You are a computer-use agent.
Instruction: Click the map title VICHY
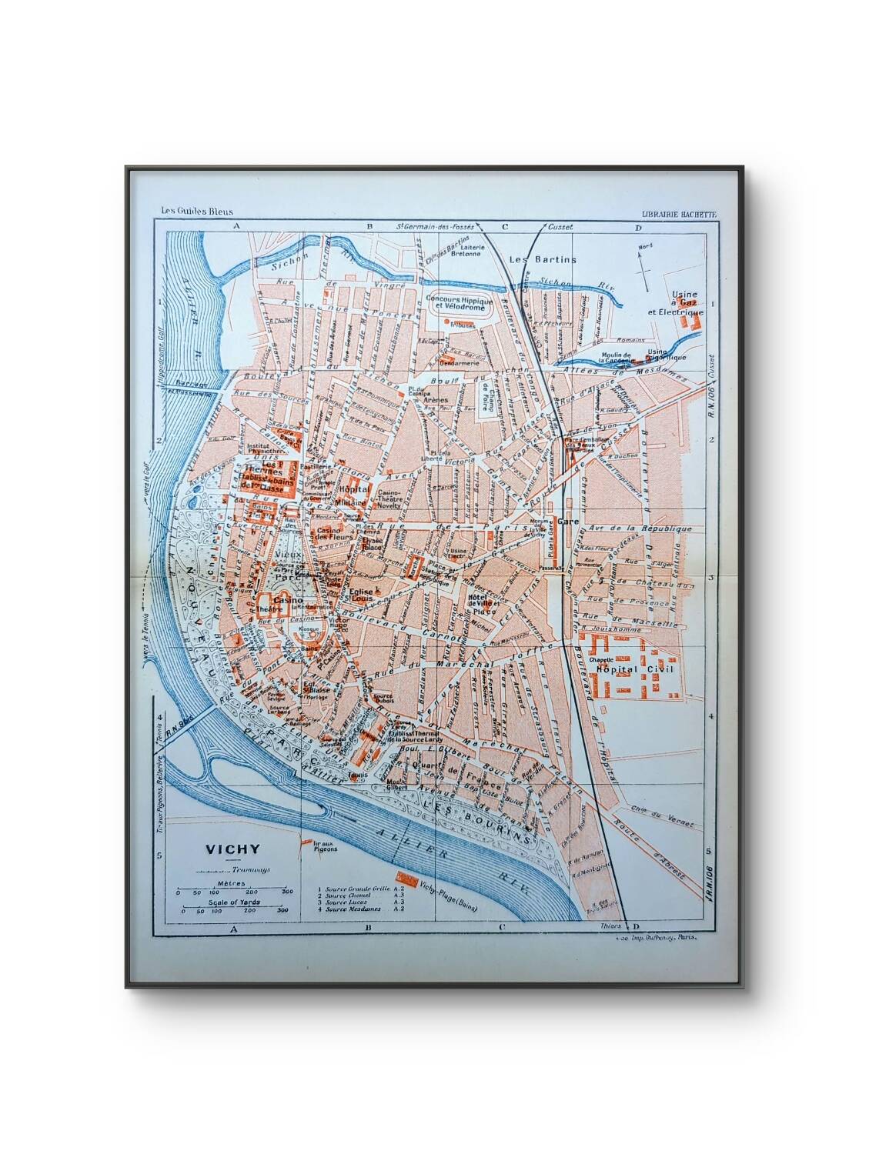[232, 849]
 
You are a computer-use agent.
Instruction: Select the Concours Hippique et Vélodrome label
[457, 302]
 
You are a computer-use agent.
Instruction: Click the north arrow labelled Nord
[643, 261]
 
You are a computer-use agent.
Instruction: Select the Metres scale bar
[231, 890]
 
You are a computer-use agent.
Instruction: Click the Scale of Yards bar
[231, 909]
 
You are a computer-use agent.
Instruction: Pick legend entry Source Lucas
[346, 902]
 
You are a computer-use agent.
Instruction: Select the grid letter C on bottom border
[502, 927]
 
